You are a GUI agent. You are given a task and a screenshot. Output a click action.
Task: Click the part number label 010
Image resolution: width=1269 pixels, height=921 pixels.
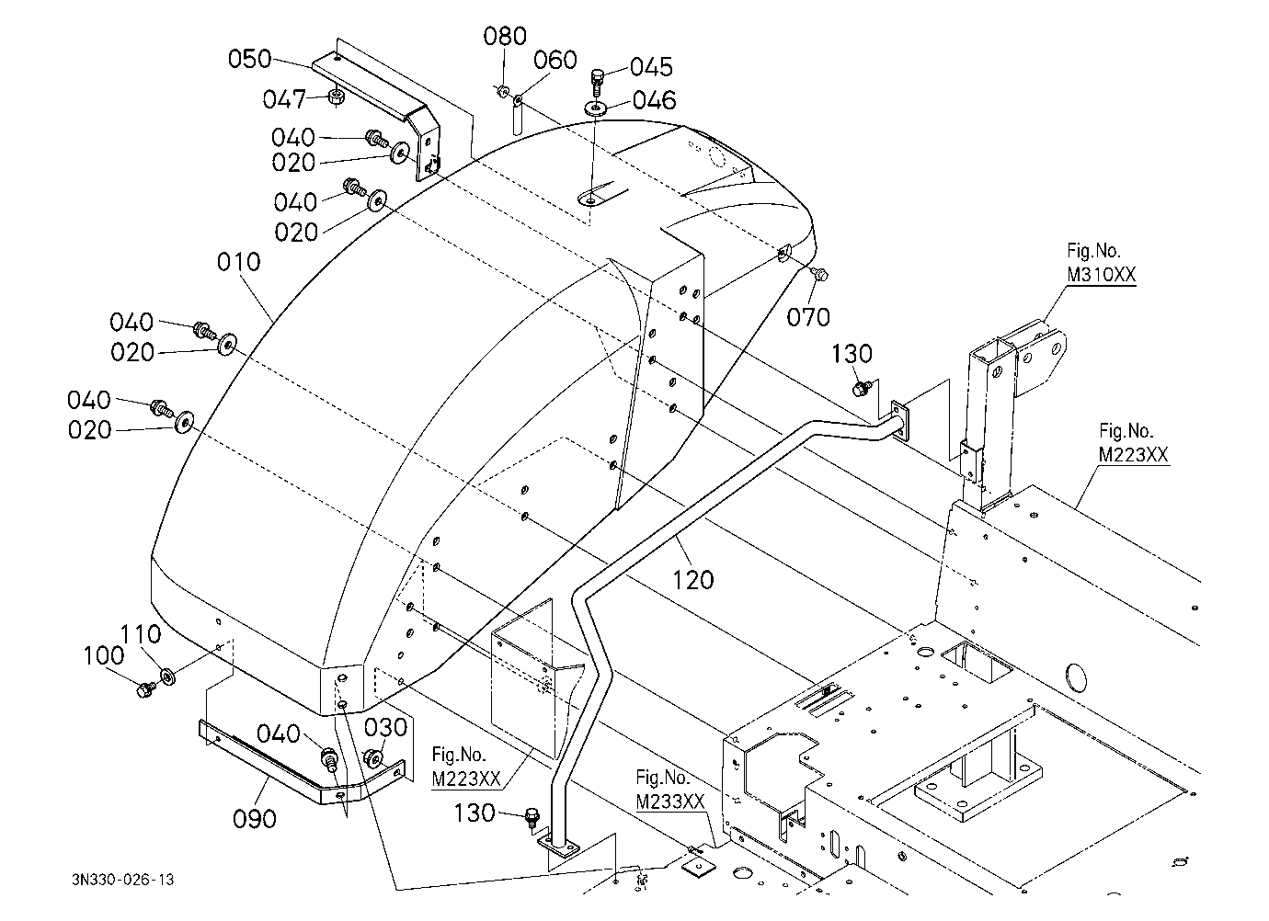coord(238,262)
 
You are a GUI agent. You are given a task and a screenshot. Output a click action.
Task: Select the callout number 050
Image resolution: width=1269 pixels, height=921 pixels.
coord(250,59)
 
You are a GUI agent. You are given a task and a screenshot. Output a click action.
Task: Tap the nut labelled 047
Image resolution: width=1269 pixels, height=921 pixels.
coord(336,97)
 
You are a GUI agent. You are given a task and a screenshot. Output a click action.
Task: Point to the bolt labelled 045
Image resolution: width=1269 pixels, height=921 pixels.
coord(597,81)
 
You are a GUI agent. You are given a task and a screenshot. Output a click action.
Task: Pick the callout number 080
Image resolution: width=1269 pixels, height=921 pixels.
coord(505,36)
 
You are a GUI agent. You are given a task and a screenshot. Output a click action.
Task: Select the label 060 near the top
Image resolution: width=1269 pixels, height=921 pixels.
coord(555,60)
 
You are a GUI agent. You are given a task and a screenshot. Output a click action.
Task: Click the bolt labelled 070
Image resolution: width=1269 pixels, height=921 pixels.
coord(818,274)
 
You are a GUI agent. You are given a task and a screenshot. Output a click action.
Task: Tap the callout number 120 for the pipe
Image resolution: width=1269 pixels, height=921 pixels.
coord(692,580)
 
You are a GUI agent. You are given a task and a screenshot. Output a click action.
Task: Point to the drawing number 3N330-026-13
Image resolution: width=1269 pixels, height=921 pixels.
coord(123,880)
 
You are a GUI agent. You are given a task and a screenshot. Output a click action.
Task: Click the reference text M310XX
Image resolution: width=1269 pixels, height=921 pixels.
coord(1102,275)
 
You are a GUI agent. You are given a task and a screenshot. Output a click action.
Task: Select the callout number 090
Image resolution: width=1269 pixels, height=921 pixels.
coord(255,819)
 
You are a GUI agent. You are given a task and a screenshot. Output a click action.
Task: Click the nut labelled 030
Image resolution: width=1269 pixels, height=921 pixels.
coord(373,757)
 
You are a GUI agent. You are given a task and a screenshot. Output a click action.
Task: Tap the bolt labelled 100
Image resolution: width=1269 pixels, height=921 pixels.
coord(145,689)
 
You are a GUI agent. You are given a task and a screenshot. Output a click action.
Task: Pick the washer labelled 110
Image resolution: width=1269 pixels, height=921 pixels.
coord(168,676)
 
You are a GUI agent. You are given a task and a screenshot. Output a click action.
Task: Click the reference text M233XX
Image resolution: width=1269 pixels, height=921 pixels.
coord(670,802)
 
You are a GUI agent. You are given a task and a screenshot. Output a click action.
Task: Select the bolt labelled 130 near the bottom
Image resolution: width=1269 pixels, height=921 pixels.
coord(532,817)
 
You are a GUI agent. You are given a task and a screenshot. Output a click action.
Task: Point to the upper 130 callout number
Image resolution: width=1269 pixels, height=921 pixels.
coord(852,354)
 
